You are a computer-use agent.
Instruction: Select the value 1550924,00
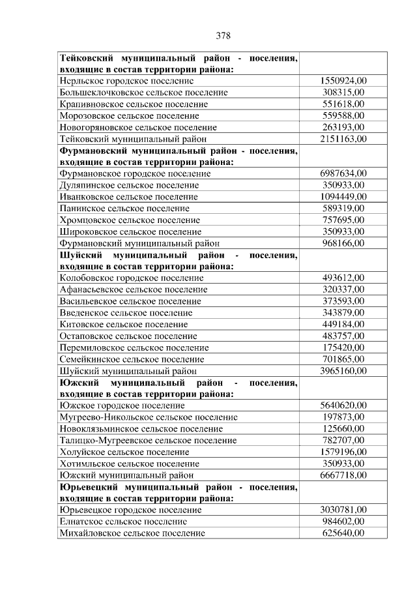pos(343,81)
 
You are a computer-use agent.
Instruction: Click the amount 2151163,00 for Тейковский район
pos(343,139)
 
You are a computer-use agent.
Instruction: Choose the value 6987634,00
pos(343,173)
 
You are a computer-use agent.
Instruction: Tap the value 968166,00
pos(343,243)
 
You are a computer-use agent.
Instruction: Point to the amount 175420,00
pos(343,347)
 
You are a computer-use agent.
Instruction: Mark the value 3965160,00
pos(343,371)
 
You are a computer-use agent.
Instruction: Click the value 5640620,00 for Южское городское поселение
pos(343,406)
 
